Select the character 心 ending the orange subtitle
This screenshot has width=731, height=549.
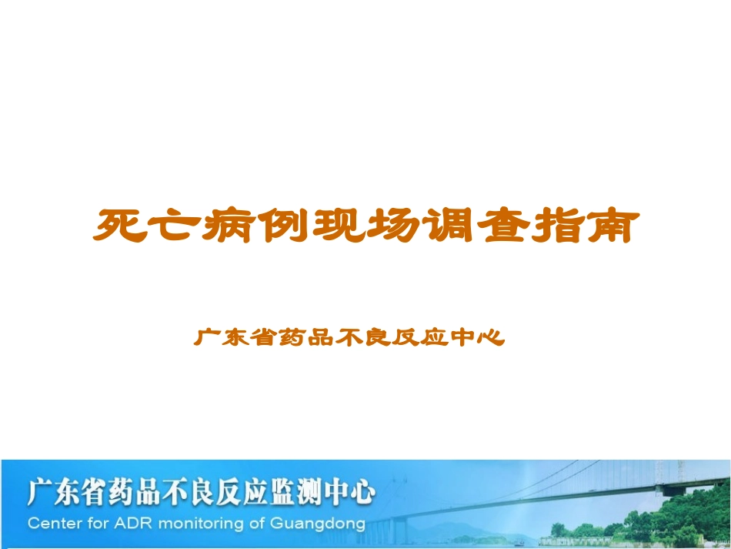(x=490, y=337)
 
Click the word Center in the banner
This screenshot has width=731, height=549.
(x=53, y=524)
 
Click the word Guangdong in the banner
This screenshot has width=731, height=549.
(x=317, y=524)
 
